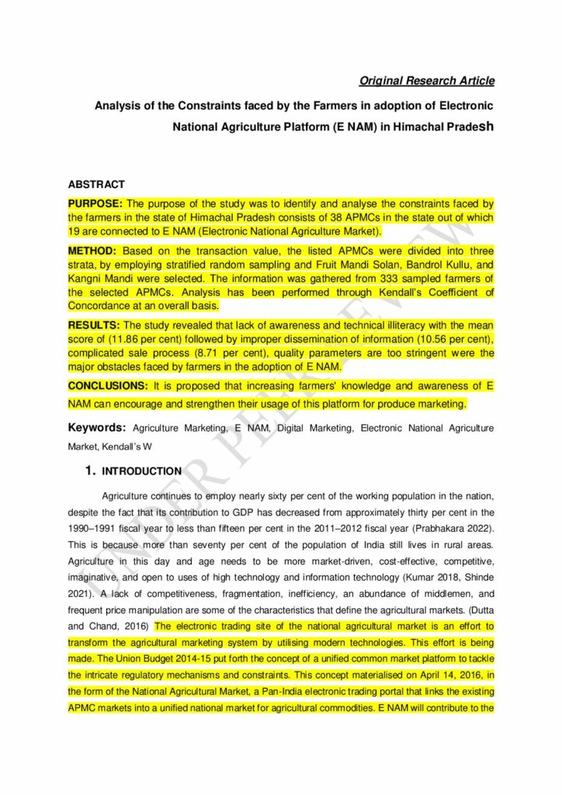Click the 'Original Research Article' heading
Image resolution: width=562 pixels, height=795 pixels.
[426, 81]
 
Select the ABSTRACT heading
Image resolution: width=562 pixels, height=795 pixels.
[96, 185]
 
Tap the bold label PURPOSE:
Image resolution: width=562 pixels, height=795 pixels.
[95, 203]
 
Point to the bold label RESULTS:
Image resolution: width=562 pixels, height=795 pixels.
[94, 325]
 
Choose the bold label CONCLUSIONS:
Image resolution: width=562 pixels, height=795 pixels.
[108, 386]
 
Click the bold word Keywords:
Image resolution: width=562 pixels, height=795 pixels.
[97, 428]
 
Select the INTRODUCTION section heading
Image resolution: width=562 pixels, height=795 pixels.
[142, 471]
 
